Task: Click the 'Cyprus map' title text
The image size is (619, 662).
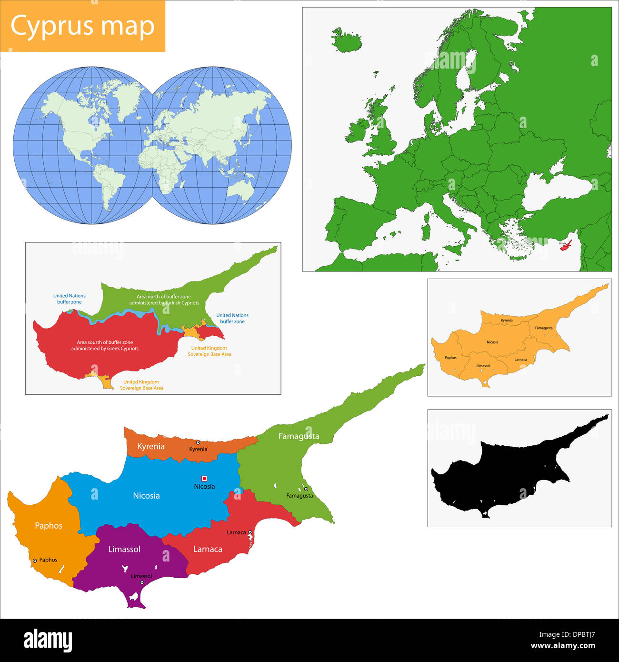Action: pyautogui.click(x=82, y=26)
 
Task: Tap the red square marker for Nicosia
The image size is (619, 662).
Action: pyautogui.click(x=204, y=478)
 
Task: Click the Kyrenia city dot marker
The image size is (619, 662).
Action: pyautogui.click(x=198, y=442)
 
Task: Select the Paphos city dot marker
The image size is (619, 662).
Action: pyautogui.click(x=35, y=561)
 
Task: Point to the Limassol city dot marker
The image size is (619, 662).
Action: pyautogui.click(x=142, y=582)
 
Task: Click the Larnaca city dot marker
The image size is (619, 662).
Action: pyautogui.click(x=250, y=532)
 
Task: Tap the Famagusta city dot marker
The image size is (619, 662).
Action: pyautogui.click(x=306, y=489)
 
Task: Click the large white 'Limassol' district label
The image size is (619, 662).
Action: pyautogui.click(x=124, y=549)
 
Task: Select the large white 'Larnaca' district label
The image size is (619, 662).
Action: pyautogui.click(x=208, y=549)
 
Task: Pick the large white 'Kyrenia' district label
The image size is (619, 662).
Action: pyautogui.click(x=151, y=446)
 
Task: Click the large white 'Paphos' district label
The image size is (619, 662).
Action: pyautogui.click(x=49, y=526)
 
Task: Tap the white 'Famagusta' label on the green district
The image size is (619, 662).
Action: pyautogui.click(x=299, y=436)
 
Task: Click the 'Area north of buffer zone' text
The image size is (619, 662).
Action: pyautogui.click(x=164, y=297)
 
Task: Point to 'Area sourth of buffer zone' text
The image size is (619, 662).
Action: pyautogui.click(x=105, y=342)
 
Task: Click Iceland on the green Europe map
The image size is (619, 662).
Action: pyautogui.click(x=347, y=40)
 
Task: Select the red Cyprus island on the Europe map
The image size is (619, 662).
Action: pyautogui.click(x=566, y=245)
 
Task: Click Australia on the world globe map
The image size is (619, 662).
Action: pyautogui.click(x=240, y=190)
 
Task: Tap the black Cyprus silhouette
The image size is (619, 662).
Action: pyautogui.click(x=505, y=471)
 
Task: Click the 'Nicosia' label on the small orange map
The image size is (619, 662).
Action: pyautogui.click(x=492, y=342)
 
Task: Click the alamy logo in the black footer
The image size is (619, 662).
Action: pyautogui.click(x=48, y=640)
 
